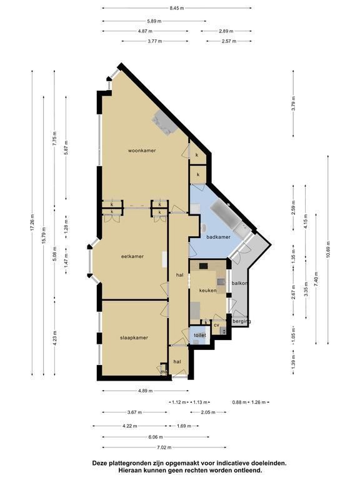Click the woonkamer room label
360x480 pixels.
142,151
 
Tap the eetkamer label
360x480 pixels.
132,256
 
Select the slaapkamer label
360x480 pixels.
134,337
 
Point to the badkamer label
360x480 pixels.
218,237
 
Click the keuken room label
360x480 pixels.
208,291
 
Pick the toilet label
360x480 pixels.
200,335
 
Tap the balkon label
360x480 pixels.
240,283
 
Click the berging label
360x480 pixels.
241,321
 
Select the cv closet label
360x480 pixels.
216,325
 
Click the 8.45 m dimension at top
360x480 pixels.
177,8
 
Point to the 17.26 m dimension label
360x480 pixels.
32,223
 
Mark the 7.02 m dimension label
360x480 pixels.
164,447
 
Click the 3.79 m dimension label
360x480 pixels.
294,104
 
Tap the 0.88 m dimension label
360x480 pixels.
239,402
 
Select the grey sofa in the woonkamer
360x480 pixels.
164,122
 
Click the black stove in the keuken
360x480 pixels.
204,266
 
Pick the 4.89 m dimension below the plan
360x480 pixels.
145,391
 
